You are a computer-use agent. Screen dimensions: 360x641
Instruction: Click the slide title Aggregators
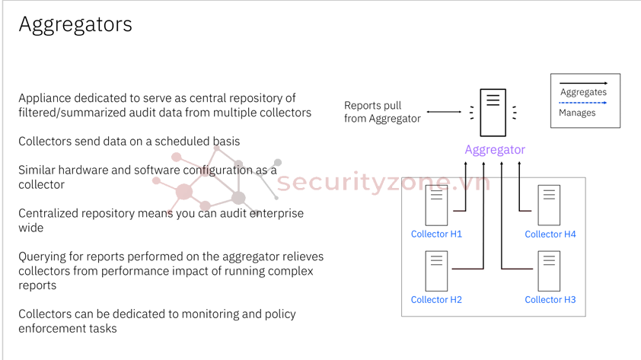pyautogui.click(x=75, y=24)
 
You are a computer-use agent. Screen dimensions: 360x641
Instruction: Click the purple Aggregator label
pyautogui.click(x=495, y=149)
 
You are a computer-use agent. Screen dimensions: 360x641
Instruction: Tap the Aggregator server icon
pyautogui.click(x=493, y=112)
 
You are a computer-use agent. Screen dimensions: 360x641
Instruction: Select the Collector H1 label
pyautogui.click(x=436, y=234)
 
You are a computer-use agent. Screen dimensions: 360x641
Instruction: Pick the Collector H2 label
pyautogui.click(x=436, y=299)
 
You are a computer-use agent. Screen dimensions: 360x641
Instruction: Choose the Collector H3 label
pyautogui.click(x=550, y=299)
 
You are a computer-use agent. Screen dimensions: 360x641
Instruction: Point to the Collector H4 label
pyautogui.click(x=550, y=234)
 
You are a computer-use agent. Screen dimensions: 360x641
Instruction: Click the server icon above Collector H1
pyautogui.click(x=436, y=205)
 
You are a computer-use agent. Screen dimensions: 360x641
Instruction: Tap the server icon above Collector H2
pyautogui.click(x=436, y=271)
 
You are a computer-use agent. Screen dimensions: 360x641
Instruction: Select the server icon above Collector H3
pyautogui.click(x=549, y=271)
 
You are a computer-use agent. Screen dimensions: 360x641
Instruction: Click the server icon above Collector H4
pyautogui.click(x=549, y=205)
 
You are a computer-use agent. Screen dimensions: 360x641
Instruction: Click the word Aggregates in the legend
pyautogui.click(x=583, y=92)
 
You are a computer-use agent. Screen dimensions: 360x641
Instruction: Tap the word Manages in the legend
pyautogui.click(x=577, y=113)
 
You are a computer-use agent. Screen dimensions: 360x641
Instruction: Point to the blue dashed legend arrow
pyautogui.click(x=583, y=103)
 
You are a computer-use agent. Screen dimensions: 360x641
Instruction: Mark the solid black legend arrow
pyautogui.click(x=583, y=82)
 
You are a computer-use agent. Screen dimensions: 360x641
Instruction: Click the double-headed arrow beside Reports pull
pyautogui.click(x=444, y=112)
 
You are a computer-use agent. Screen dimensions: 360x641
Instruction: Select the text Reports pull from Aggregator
pyautogui.click(x=382, y=112)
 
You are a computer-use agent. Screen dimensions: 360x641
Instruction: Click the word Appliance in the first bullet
pyautogui.click(x=43, y=98)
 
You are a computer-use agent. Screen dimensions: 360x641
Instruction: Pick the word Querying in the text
pyautogui.click(x=41, y=256)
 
